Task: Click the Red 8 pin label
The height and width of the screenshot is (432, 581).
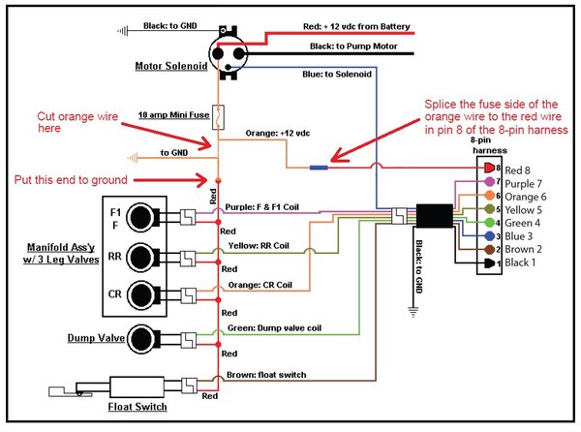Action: (517, 168)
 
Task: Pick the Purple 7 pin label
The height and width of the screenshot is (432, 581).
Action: (522, 181)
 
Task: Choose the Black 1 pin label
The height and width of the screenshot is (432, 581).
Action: (519, 262)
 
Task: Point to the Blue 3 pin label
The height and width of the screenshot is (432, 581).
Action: (516, 235)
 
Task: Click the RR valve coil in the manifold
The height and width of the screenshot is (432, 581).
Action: (143, 257)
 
